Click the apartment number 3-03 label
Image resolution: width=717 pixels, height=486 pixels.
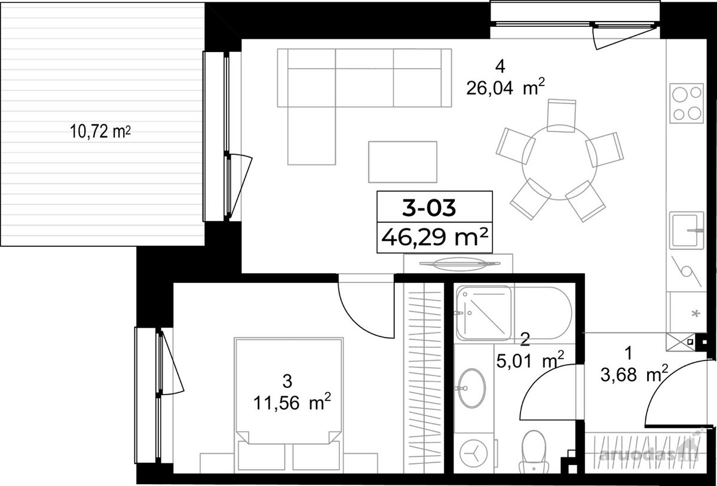coord(428,208)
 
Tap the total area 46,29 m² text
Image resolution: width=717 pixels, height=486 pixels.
coord(434,237)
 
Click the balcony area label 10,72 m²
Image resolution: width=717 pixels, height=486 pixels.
coord(100,132)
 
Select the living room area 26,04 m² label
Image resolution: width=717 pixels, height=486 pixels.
coord(505,88)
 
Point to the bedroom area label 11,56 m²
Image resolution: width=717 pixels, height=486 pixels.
coord(292,403)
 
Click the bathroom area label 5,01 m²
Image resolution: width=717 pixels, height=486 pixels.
coord(530,361)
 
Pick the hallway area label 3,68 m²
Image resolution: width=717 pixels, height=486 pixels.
coord(634,375)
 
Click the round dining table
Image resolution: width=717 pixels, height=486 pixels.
coord(559,163)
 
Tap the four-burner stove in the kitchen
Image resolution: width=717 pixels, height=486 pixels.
coord(687,103)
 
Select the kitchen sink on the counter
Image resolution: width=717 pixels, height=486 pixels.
coord(687,231)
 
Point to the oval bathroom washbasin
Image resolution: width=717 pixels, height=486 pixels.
coord(471,388)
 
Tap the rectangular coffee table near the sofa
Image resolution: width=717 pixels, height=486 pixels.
coord(403,162)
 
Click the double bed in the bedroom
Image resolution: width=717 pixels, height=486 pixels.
coord(289,405)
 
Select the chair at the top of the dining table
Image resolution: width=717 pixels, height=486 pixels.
coord(562,115)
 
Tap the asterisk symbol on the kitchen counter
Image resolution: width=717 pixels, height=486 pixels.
coord(695,313)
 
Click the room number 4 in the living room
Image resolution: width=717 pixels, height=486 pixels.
coord(500,67)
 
